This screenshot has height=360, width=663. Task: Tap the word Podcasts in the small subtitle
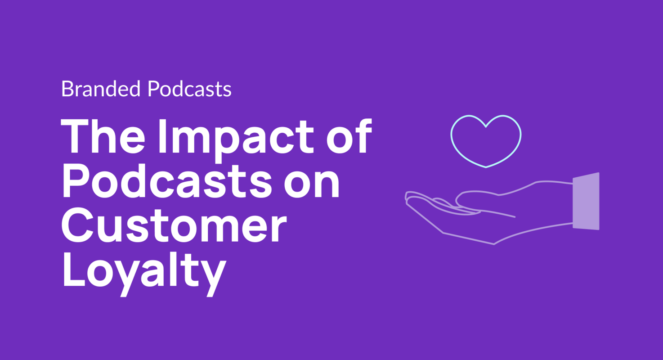coord(189,89)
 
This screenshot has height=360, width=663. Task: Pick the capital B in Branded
coord(67,89)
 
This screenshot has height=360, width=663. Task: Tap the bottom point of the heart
coord(486,167)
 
